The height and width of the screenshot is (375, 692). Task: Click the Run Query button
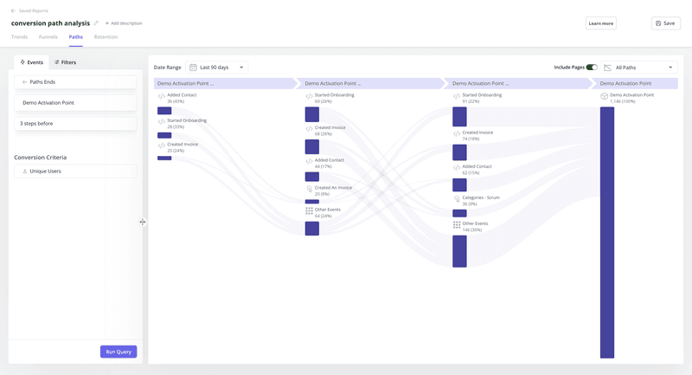click(119, 352)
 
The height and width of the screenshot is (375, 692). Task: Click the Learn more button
click(600, 23)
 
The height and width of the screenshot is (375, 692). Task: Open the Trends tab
click(19, 37)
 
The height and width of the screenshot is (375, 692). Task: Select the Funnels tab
click(48, 37)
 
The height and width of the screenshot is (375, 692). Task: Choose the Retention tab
click(106, 37)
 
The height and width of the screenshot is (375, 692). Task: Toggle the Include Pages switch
click(592, 67)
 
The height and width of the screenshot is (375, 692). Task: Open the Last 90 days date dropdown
click(217, 67)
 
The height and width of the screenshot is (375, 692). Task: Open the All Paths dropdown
click(639, 67)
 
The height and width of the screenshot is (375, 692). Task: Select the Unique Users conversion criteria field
click(75, 171)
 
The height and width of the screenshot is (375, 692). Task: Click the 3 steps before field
click(75, 124)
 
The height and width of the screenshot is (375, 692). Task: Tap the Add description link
click(124, 23)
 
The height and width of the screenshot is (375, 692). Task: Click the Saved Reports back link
click(31, 10)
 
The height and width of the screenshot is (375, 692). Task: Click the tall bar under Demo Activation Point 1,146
click(607, 232)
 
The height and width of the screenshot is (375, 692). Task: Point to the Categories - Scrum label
click(481, 197)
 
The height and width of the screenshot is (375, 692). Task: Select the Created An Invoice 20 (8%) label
click(333, 190)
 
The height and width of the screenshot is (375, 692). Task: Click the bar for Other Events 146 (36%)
click(459, 251)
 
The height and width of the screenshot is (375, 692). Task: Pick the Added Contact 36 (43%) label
click(182, 98)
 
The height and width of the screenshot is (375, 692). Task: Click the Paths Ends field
click(75, 81)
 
